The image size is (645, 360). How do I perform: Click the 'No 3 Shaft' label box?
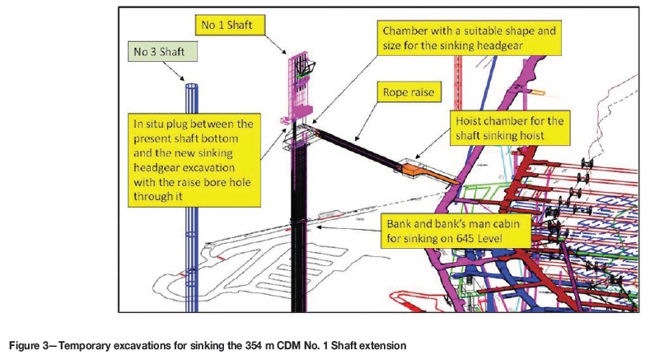pyautogui.click(x=164, y=53)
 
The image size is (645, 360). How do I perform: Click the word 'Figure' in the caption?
pyautogui.click(x=25, y=346)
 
